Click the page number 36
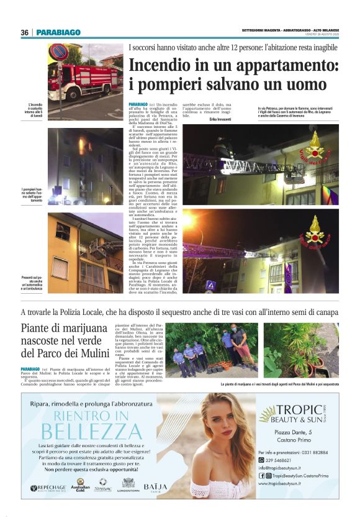tap(24, 33)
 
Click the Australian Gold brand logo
tap(80, 485)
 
